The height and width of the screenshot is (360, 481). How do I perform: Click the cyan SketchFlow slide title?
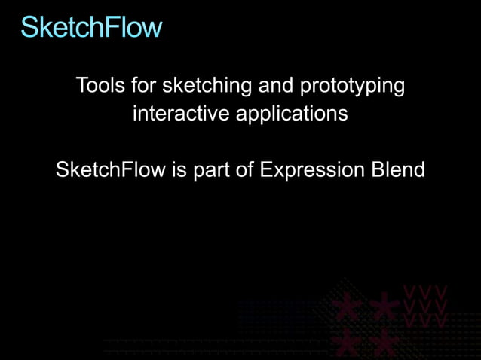point(91,27)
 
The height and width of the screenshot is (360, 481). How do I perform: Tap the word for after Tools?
point(144,86)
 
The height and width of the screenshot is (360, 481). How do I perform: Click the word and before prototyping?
point(276,86)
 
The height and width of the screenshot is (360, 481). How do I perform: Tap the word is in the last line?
point(179,170)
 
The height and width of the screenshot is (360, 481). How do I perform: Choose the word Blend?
point(399,170)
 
